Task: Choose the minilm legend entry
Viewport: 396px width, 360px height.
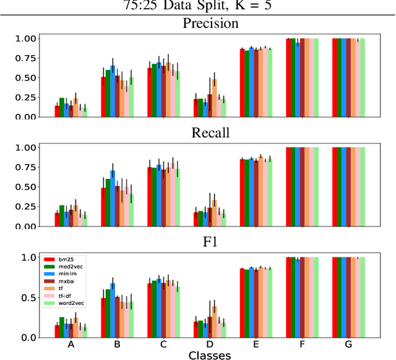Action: point(63,273)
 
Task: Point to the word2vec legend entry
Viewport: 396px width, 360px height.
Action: point(67,302)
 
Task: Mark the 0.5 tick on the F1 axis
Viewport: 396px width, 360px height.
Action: point(28,298)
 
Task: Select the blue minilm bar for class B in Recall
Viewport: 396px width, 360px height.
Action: point(112,198)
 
